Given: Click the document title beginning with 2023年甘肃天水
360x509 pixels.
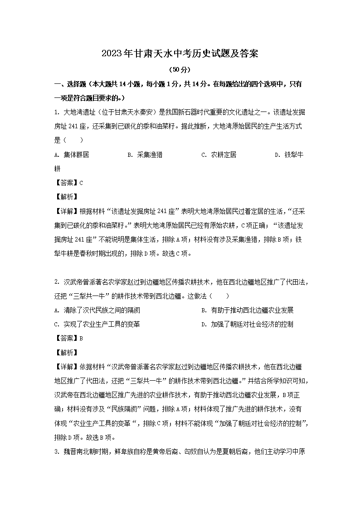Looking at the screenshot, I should pyautogui.click(x=180, y=53).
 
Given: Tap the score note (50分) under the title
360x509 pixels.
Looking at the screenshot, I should pyautogui.click(x=180, y=70).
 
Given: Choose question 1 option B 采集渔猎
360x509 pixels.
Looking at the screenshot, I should pyautogui.click(x=145, y=155).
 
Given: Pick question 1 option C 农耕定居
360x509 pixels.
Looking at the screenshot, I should pyautogui.click(x=219, y=155).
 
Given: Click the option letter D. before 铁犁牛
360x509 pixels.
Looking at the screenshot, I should pyautogui.click(x=277, y=155).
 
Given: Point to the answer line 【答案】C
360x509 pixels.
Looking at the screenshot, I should pyautogui.click(x=68, y=183).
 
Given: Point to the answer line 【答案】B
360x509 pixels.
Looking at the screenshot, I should pyautogui.click(x=68, y=338).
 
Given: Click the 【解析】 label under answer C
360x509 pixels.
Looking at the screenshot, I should pyautogui.click(x=66, y=197).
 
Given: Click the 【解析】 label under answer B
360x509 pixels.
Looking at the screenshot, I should pyautogui.click(x=66, y=352).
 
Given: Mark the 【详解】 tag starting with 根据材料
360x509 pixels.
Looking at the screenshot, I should pyautogui.click(x=67, y=211).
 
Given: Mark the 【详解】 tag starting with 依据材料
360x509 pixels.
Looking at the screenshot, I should pyautogui.click(x=67, y=366).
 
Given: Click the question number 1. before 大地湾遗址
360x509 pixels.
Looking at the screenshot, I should pyautogui.click(x=57, y=112).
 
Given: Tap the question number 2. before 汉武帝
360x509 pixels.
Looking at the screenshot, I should pyautogui.click(x=57, y=282).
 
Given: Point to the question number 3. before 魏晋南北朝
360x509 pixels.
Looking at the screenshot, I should pyautogui.click(x=57, y=451).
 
